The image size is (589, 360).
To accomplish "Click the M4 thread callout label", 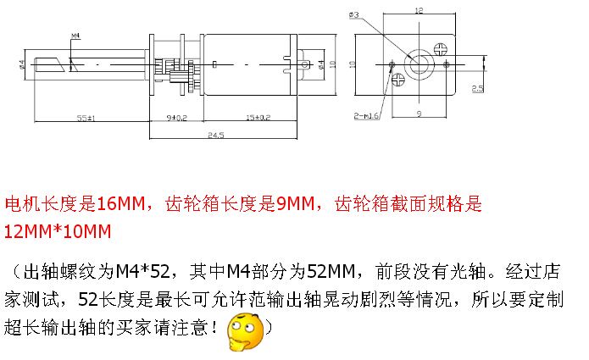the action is pyautogui.click(x=75, y=36).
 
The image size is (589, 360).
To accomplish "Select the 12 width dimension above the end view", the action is pyautogui.click(x=418, y=11).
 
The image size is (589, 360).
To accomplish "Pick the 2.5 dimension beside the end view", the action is pyautogui.click(x=477, y=88).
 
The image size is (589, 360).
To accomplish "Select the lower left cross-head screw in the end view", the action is pyautogui.click(x=399, y=80).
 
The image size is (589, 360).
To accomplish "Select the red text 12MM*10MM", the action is pyautogui.click(x=58, y=231).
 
